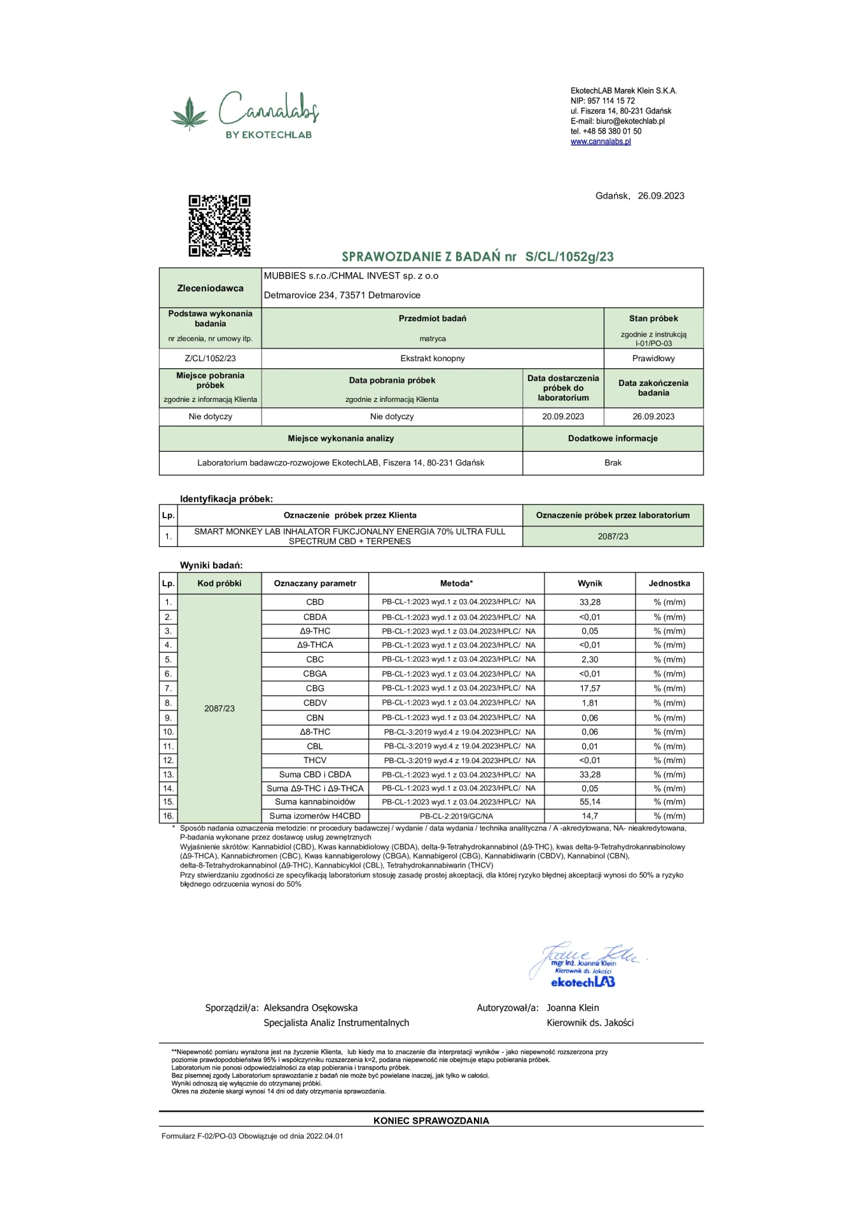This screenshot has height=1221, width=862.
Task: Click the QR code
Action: point(219,226)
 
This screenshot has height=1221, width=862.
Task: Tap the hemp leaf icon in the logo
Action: point(190,114)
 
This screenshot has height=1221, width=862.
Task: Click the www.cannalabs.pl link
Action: point(601,142)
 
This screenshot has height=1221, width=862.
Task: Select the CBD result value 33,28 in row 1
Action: point(590,602)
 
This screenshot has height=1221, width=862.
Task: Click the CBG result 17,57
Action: point(590,688)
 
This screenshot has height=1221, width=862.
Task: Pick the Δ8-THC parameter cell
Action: point(315,732)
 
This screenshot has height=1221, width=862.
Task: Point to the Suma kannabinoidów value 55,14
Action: point(590,802)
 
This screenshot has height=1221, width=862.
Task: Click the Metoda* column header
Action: point(456,583)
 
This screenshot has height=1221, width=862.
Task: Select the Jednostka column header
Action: point(669,583)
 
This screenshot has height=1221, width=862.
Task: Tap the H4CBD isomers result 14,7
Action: point(590,816)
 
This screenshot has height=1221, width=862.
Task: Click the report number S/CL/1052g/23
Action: point(569,257)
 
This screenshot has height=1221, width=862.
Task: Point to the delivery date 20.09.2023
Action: point(563,417)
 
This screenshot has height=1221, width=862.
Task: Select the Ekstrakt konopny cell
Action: point(433,359)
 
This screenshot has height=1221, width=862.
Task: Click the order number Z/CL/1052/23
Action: point(210,359)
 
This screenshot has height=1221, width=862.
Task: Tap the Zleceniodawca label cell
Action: point(210,288)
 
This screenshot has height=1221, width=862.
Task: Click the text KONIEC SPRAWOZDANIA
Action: point(431,1121)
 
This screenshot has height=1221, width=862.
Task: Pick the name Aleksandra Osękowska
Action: point(310,1008)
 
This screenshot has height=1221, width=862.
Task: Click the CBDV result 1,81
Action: point(590,703)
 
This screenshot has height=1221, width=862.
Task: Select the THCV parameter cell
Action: point(315,761)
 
